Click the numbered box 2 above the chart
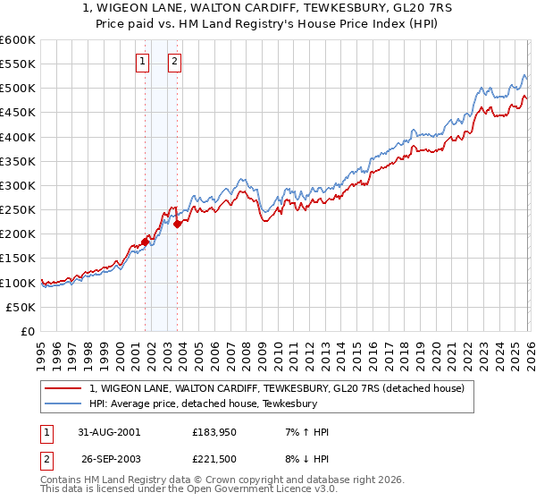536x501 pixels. click(173, 62)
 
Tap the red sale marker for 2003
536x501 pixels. click(178, 224)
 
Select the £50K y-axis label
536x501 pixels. click(21, 307)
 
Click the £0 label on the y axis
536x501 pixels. click(27, 331)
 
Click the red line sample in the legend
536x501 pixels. click(64, 389)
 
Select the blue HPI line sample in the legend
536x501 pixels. click(64, 403)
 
